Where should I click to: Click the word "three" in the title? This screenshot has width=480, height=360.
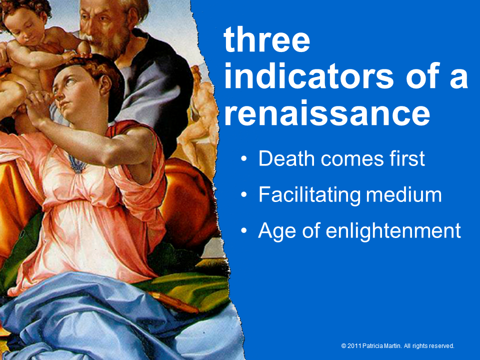click(267, 40)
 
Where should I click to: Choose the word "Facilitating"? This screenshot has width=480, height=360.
click(310, 195)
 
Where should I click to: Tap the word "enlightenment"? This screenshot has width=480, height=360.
click(393, 230)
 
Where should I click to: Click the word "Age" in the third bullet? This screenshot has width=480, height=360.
click(277, 231)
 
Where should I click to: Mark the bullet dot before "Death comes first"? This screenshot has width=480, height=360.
click(243, 159)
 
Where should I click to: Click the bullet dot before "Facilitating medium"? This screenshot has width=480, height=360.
click(243, 195)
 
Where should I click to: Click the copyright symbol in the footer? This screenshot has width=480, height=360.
click(343, 346)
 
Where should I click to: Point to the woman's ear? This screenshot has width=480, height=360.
click(105, 84)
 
